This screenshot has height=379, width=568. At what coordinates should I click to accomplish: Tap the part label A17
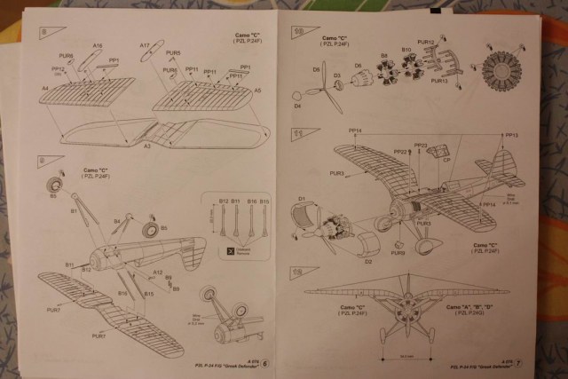(x=144, y=45)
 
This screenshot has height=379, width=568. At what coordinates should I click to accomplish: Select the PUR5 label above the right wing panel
(x=171, y=53)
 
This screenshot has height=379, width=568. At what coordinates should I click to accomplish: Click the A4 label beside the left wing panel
(x=45, y=88)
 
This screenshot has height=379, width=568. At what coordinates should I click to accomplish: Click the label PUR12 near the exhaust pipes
(x=425, y=42)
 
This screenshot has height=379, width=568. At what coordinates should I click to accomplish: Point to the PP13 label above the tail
(x=511, y=135)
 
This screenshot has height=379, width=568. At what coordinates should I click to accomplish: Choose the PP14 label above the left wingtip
(x=355, y=131)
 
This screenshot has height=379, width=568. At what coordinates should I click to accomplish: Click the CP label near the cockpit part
(x=446, y=161)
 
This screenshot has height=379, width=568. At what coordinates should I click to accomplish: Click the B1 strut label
(x=74, y=211)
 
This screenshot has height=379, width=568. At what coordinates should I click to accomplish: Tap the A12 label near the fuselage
(x=157, y=272)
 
